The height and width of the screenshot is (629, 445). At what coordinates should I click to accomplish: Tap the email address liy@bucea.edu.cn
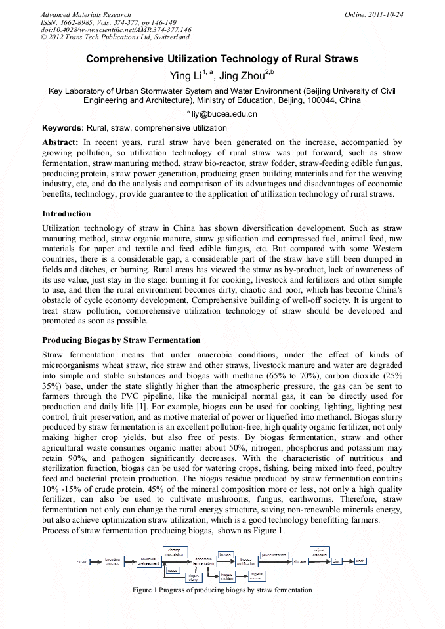(224, 114)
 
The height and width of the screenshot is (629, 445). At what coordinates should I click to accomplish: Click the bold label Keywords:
(63, 128)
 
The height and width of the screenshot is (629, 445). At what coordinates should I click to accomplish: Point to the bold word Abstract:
(60, 142)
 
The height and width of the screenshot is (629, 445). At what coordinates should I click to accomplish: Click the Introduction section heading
(66, 214)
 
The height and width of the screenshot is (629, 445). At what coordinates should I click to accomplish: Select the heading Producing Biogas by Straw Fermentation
(121, 340)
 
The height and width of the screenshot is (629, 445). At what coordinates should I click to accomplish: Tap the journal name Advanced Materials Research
(85, 14)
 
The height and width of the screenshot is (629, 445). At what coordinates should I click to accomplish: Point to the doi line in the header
(116, 30)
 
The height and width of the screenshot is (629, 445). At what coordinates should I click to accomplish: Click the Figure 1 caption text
(222, 590)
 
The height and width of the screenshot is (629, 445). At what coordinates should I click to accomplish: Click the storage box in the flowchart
(299, 561)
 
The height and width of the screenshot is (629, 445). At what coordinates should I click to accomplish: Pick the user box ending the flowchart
(360, 561)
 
